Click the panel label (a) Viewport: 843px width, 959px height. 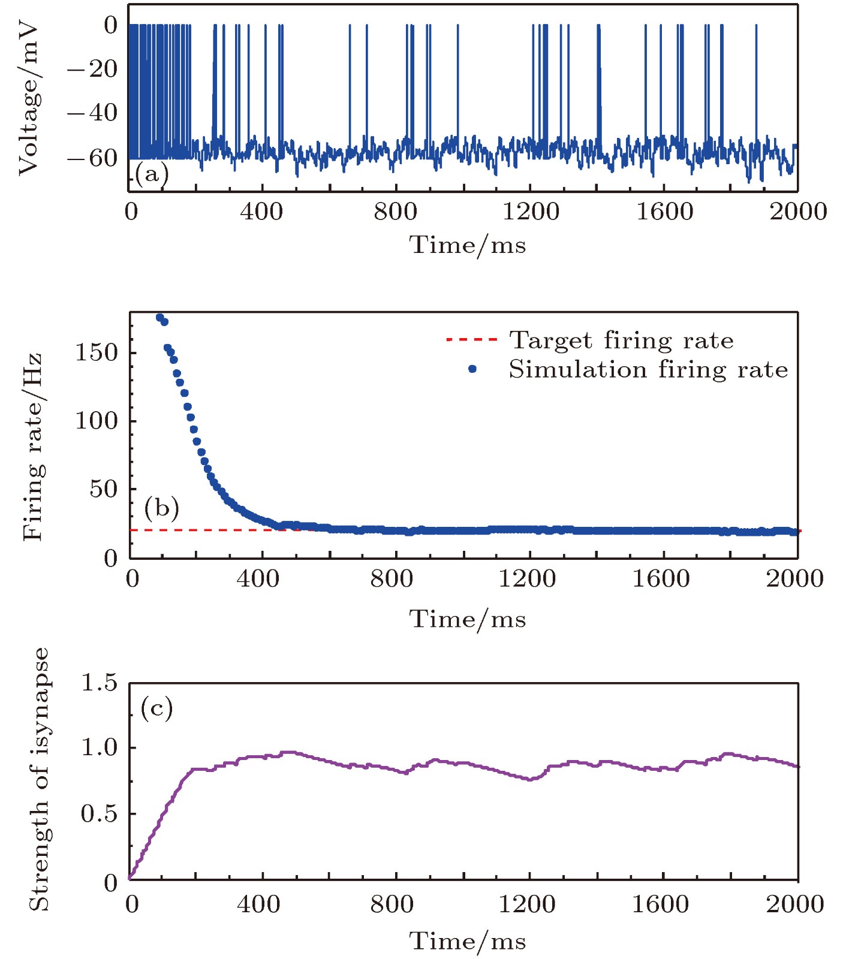pos(152,174)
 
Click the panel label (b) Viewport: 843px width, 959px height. pos(161,508)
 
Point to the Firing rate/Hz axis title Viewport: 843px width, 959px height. pos(32,447)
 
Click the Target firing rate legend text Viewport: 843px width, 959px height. pos(621,340)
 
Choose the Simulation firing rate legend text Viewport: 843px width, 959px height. pos(648,370)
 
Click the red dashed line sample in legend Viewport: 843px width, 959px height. pos(472,340)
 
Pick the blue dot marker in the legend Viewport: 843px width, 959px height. pos(472,369)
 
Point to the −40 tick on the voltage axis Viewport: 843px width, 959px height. pos(92,113)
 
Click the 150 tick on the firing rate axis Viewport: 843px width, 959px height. pos(96,352)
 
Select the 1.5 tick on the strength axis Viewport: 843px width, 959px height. pos(100,683)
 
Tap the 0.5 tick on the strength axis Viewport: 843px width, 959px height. pos(100,814)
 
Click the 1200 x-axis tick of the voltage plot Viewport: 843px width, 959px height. pos(531,212)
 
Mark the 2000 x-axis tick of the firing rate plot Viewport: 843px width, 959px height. pos(794,579)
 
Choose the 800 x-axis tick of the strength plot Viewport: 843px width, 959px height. pos(392,904)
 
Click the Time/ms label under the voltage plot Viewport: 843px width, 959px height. pos(468,245)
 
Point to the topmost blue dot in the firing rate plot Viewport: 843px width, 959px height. pos(159,317)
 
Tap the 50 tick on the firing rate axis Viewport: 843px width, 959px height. pos(103,489)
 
